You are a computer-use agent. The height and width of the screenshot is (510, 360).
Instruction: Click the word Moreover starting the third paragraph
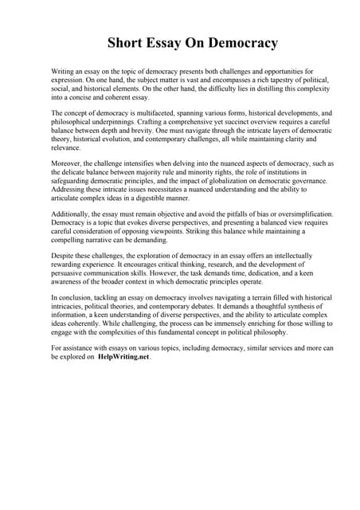[x=68, y=163]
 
